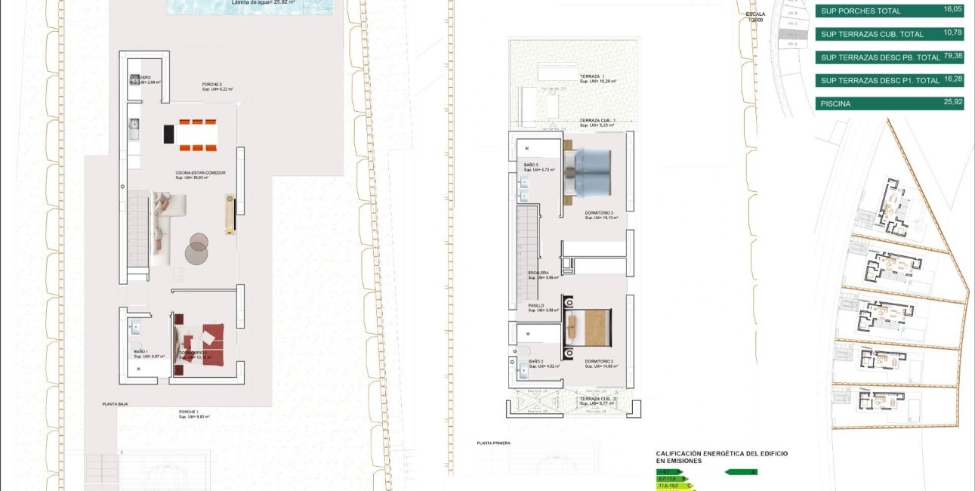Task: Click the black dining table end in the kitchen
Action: tap(169, 134)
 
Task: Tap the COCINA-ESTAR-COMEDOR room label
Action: tap(200, 173)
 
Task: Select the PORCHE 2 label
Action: tap(212, 85)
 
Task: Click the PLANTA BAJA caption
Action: tap(115, 405)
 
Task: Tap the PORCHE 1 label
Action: tap(189, 412)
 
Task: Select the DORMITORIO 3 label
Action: tap(600, 213)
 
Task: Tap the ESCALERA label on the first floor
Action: tap(538, 273)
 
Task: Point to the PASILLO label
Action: tap(536, 306)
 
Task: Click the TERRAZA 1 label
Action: tap(592, 77)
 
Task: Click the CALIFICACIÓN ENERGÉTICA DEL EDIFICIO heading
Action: tap(721, 453)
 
